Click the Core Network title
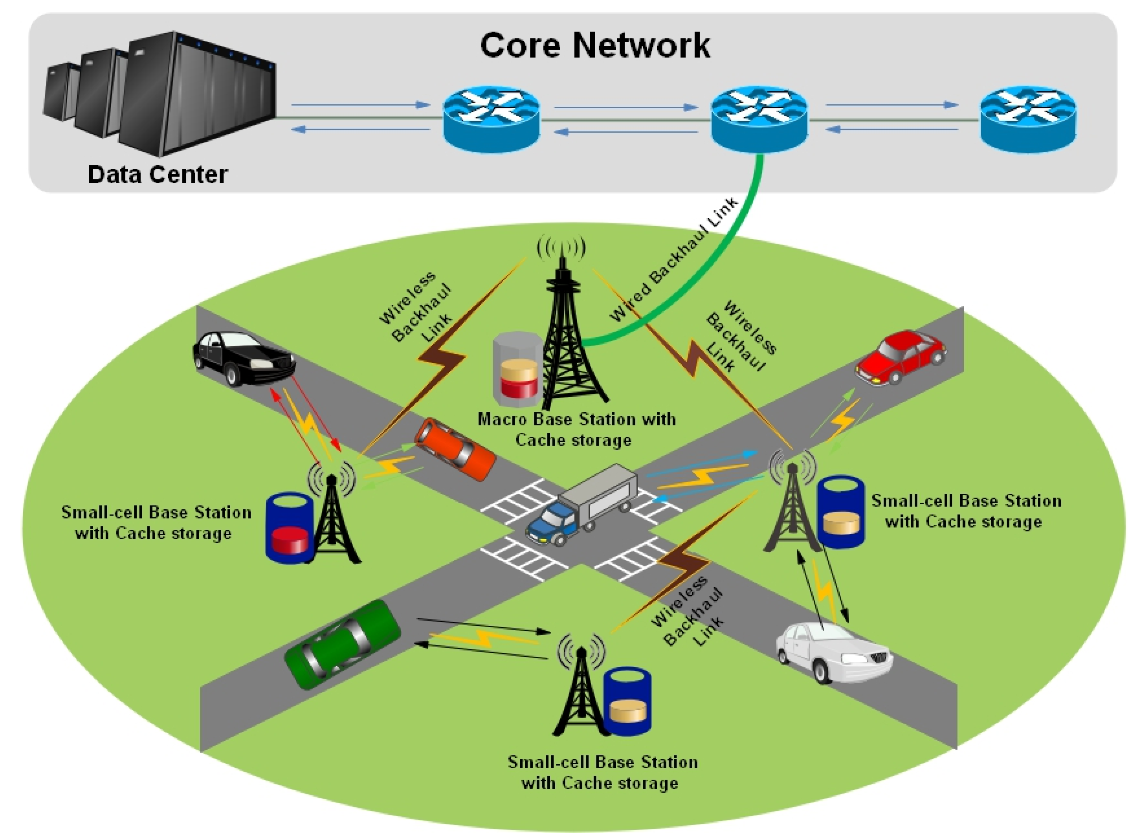pyautogui.click(x=594, y=46)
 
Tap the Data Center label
pyautogui.click(x=157, y=174)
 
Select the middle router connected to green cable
pyautogui.click(x=759, y=120)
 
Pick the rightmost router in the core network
pyautogui.click(x=1028, y=120)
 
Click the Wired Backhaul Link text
pyautogui.click(x=674, y=260)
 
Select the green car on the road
pyautogui.click(x=342, y=644)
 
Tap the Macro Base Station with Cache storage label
pyautogui.click(x=576, y=430)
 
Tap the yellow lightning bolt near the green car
pyautogui.click(x=483, y=638)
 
